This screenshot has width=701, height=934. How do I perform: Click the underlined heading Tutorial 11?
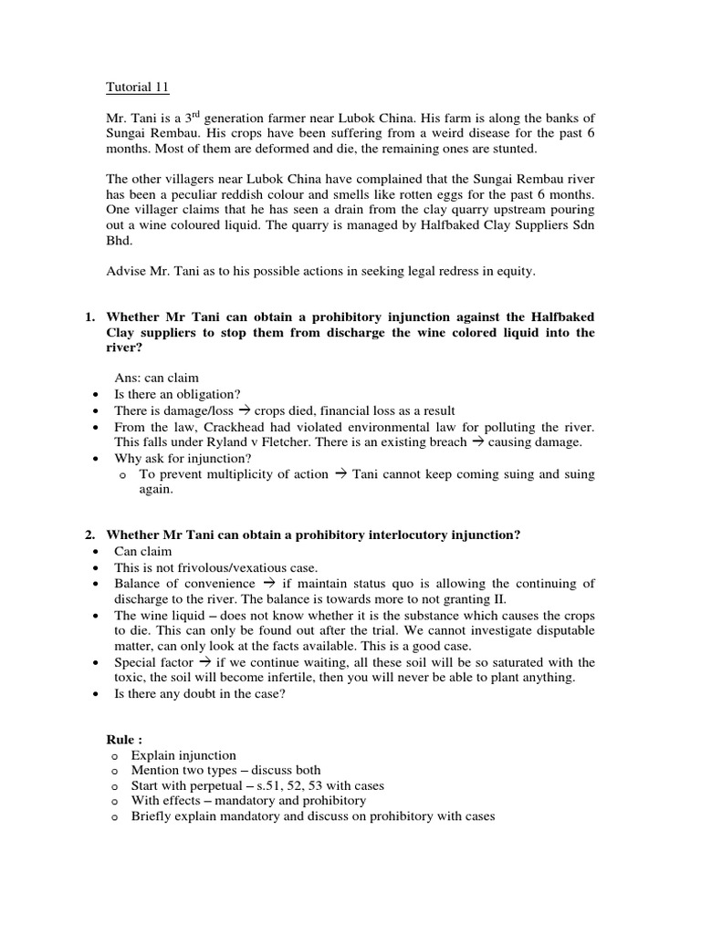(x=137, y=88)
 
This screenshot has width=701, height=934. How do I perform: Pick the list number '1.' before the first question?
(x=90, y=317)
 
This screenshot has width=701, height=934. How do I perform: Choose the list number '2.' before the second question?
(x=90, y=535)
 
